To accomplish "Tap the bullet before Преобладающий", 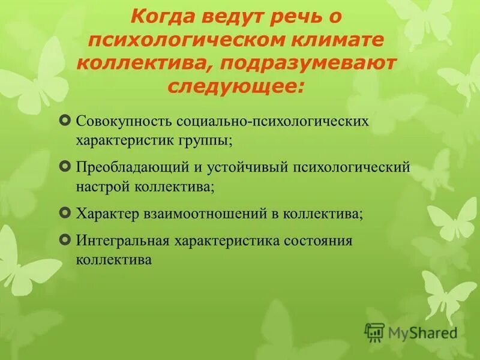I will pos(65,164).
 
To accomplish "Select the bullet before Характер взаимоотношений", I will pos(65,212).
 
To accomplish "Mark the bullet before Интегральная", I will pos(65,239).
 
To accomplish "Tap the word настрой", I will pos(99,187).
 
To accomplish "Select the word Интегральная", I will pos(122,241).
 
